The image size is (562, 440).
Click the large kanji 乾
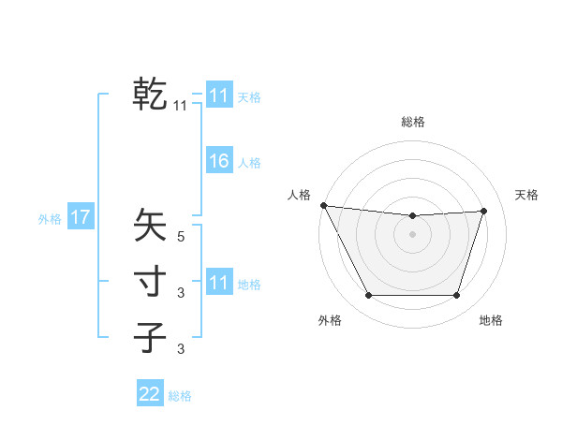coord(150,95)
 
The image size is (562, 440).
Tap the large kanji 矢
coord(150,226)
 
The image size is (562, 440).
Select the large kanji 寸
coord(150,282)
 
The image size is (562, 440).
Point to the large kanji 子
coord(150,337)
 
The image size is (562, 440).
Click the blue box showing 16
coord(218,161)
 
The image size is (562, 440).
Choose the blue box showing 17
coord(81,218)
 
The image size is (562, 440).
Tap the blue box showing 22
coord(150,394)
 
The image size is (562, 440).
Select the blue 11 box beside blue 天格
coord(218,95)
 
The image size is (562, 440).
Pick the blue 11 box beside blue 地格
coord(218,283)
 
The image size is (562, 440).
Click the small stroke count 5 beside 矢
coord(181,238)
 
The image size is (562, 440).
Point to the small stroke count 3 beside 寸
coord(181,294)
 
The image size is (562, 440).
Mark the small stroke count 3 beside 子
coord(181,350)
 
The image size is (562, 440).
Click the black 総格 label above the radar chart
coord(412,122)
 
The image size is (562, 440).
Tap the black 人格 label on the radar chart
coord(299,195)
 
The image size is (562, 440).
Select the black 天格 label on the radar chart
coord(526,195)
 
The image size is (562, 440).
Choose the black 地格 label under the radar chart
coord(491,320)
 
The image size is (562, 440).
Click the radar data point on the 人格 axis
coord(323,205)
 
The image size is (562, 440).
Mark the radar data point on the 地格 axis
coord(457,296)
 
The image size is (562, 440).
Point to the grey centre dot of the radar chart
coord(412,234)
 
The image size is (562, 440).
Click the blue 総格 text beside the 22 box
coord(180,396)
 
